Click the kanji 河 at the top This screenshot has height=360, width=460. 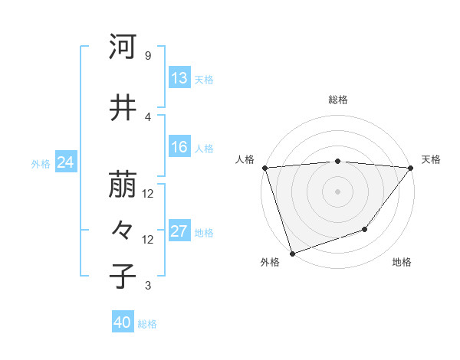(123, 47)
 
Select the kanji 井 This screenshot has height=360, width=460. (123, 109)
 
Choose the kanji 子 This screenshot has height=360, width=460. (123, 277)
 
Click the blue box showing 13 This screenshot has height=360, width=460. (179, 78)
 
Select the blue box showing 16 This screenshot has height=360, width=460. (179, 147)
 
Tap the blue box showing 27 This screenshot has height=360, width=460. (179, 232)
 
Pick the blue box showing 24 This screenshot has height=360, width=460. (65, 162)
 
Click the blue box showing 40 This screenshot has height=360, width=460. (123, 322)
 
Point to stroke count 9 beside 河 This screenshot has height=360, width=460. (147, 56)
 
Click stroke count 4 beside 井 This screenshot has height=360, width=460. (147, 116)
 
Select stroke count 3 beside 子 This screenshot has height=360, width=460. (147, 286)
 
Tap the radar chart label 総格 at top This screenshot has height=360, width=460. (337, 100)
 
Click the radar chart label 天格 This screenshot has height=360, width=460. (431, 159)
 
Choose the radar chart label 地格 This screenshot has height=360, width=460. (402, 262)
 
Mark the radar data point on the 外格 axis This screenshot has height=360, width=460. (292, 253)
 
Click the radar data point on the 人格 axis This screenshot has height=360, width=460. (264, 167)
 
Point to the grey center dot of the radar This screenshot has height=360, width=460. (337, 191)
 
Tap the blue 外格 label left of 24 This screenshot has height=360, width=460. (40, 163)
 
